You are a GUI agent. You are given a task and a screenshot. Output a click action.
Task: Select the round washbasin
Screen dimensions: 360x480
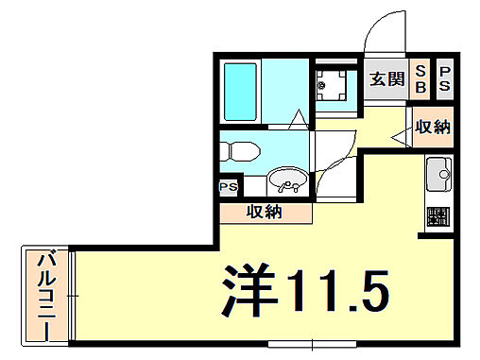[285, 181]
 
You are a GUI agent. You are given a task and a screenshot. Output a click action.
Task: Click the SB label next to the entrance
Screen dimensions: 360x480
[421, 77]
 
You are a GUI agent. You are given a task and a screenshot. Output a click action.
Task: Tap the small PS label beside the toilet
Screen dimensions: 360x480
[229, 187]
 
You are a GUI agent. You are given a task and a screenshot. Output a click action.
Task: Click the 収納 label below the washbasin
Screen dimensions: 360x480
[266, 212]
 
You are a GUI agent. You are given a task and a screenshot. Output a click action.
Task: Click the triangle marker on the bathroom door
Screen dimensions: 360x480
[298, 119]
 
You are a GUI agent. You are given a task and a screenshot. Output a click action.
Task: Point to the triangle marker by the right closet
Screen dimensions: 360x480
[398, 138]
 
